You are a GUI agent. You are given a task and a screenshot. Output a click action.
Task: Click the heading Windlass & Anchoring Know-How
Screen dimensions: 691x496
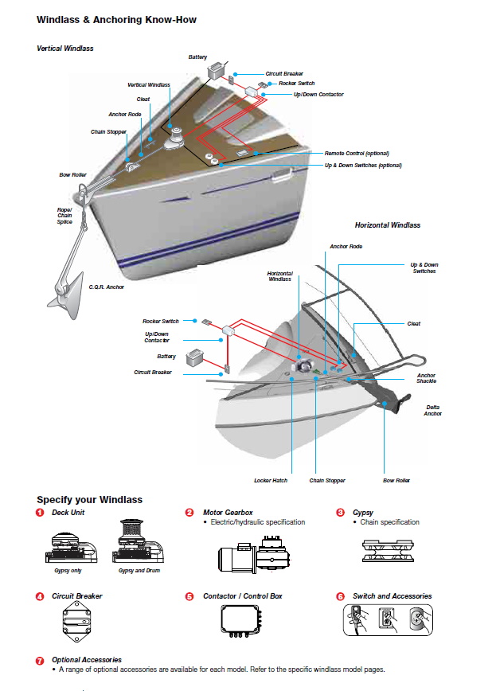[116, 19]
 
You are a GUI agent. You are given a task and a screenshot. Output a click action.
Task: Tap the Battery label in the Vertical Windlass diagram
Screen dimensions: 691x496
[197, 57]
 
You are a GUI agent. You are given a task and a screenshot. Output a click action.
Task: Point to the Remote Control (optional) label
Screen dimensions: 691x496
[356, 153]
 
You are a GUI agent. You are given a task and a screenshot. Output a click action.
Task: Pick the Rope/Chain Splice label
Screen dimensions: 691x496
[64, 216]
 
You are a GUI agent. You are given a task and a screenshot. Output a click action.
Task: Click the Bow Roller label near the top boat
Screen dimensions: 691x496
[72, 174]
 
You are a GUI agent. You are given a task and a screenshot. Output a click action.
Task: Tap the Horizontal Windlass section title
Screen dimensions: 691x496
[387, 225]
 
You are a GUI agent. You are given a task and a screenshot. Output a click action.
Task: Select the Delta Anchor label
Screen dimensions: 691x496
[432, 410]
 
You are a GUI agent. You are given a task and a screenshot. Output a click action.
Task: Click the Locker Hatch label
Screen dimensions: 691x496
[271, 481]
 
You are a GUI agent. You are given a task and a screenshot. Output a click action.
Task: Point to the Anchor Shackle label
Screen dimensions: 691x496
[426, 378]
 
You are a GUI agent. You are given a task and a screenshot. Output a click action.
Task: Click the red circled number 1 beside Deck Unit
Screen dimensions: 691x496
[40, 513]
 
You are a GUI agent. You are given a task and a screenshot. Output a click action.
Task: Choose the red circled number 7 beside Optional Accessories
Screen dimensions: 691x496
[40, 660]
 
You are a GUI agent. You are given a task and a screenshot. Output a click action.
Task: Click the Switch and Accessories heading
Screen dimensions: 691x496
[392, 595]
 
